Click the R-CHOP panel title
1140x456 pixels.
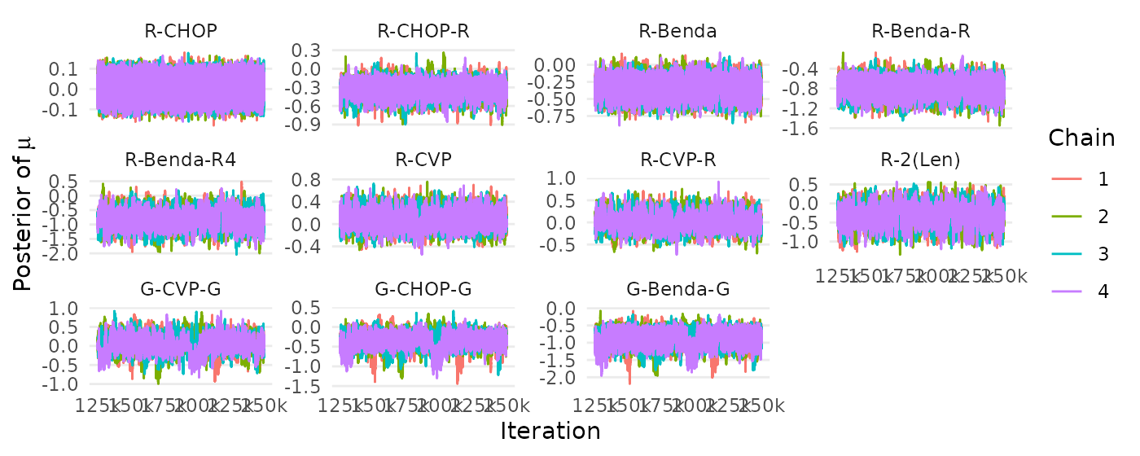181,32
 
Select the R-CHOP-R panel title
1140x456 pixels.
423,32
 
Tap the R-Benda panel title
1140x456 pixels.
677,32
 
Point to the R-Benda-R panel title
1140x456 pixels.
920,32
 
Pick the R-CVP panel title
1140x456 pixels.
423,160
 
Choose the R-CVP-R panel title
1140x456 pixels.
677,160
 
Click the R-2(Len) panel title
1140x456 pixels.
920,160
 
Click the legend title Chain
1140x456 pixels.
1081,138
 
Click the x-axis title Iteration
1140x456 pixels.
550,431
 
